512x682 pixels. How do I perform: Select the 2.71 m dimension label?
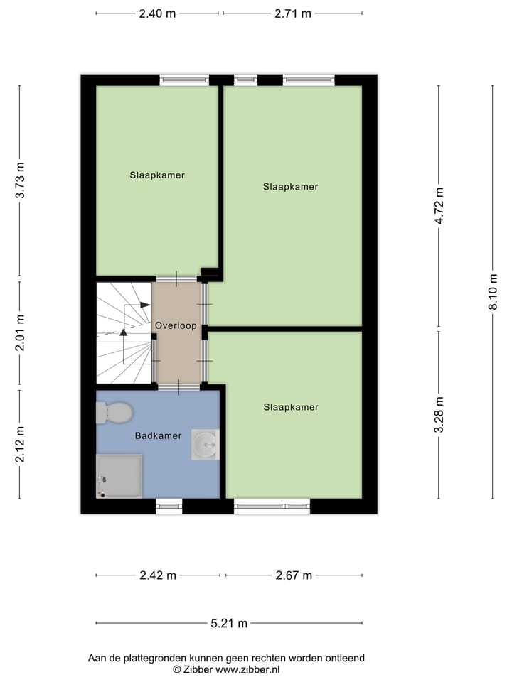[292, 13]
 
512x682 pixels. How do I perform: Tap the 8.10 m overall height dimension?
[492, 292]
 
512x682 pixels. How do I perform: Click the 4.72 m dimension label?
[439, 206]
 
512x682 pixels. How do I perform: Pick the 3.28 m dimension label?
[439, 415]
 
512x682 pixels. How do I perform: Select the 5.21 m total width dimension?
[229, 624]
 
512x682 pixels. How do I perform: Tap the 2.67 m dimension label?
[294, 575]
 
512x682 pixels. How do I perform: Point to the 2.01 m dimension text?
[20, 333]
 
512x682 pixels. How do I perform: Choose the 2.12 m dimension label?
[20, 444]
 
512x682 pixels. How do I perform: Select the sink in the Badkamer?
[206, 445]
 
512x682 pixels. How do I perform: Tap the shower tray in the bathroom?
[119, 475]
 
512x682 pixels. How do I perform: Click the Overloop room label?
[176, 325]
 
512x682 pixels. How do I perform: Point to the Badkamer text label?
[158, 435]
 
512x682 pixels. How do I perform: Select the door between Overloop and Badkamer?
[179, 386]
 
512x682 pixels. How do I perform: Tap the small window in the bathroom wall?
[169, 505]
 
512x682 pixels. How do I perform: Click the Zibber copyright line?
[226, 669]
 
